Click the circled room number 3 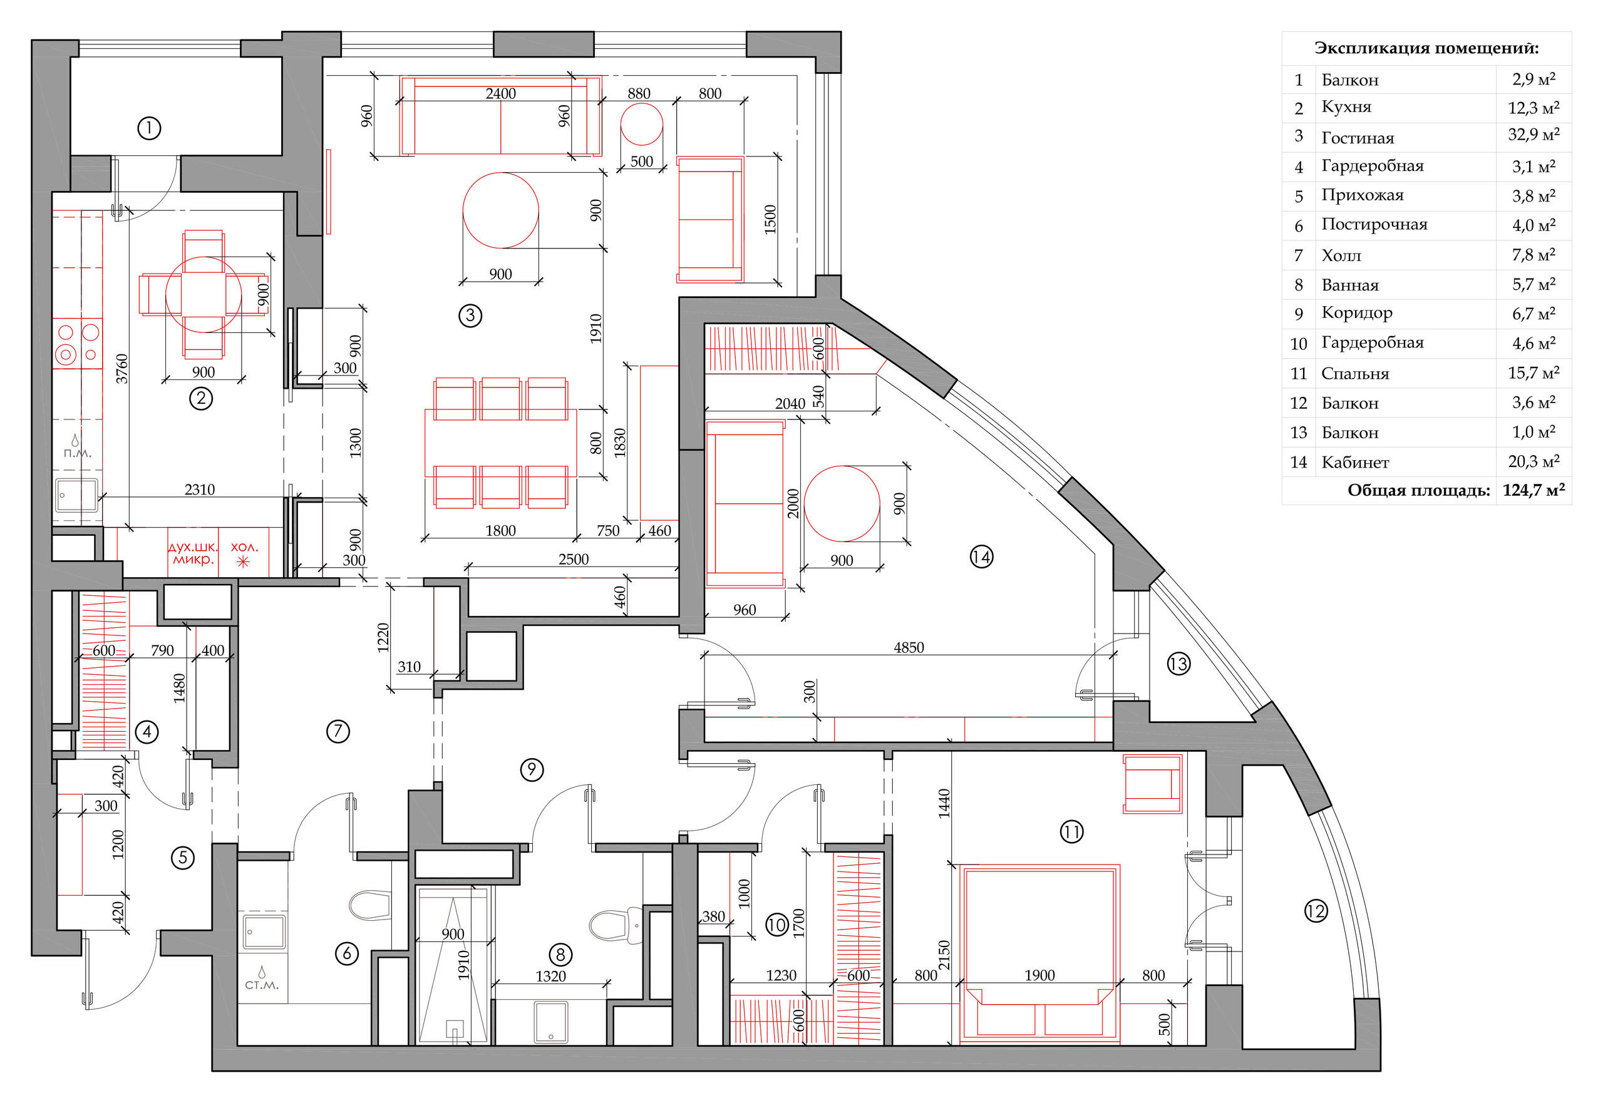470,316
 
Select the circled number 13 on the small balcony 1178,664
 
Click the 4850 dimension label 909,647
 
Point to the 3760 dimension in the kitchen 121,368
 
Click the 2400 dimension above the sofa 500,93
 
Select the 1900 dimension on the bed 1039,975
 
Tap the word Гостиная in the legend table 1358,138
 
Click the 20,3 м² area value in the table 1533,461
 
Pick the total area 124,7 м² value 1533,490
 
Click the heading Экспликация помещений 1426,48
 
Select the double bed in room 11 1039,954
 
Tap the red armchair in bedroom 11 1152,784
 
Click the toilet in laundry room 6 371,905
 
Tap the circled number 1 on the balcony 149,128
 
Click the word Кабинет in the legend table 1355,463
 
